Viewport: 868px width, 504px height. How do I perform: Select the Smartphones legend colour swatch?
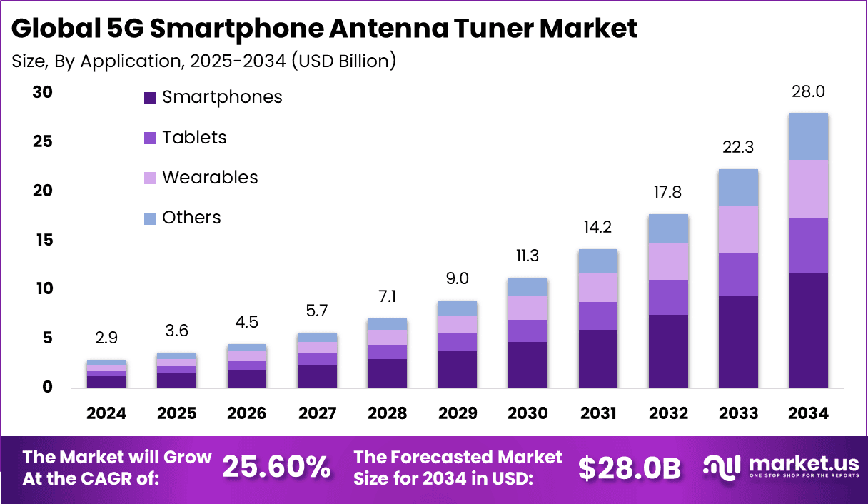point(150,98)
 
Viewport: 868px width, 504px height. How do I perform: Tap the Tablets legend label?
point(194,138)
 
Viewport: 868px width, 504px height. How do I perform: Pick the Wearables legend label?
point(210,178)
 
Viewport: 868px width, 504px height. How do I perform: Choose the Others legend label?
point(191,218)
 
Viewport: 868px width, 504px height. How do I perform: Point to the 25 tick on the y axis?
point(44,142)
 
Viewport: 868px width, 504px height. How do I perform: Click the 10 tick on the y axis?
point(44,289)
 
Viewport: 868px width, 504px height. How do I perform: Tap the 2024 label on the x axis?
point(106,414)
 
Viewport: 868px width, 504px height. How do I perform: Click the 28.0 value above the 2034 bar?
point(808,91)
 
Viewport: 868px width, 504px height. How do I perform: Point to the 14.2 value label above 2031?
point(598,228)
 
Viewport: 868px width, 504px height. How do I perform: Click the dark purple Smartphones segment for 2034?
point(808,330)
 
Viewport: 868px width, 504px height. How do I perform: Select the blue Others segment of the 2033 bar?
point(738,188)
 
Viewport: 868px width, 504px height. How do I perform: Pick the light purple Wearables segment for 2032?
point(668,261)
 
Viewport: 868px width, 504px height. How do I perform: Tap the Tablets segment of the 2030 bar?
point(528,331)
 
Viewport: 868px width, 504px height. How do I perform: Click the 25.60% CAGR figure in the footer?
point(276,467)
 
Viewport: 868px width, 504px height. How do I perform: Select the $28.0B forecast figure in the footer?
point(629,467)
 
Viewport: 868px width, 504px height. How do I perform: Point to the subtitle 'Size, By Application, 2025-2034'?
point(203,61)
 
